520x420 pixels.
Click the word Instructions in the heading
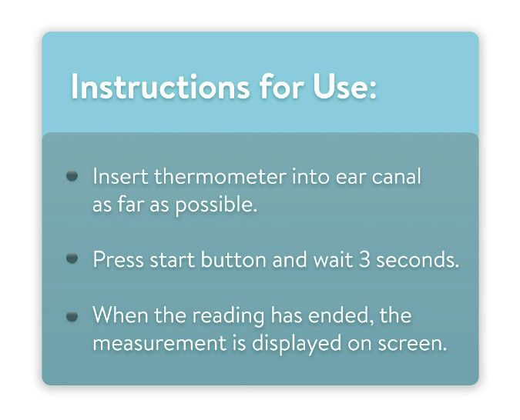160,86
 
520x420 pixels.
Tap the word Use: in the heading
345,86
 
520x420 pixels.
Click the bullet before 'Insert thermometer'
72,175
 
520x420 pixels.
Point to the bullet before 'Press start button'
72,258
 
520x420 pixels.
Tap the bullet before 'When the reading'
72,316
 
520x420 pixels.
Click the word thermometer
220,176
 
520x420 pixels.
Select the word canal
396,176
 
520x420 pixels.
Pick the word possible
216,205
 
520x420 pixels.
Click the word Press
119,259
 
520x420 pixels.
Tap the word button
233,259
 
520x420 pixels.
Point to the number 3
364,259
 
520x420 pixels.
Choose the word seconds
418,259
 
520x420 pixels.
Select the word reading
229,316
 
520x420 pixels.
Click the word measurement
159,344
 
